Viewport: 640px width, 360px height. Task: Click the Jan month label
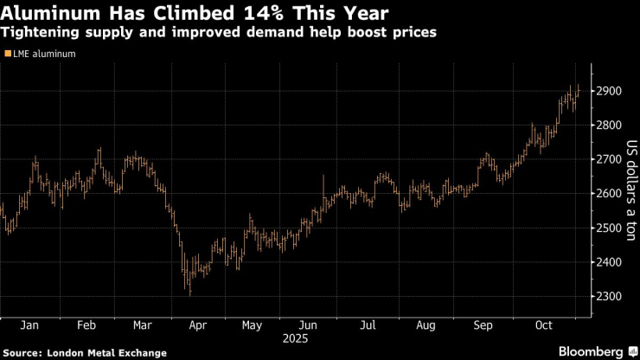[x=29, y=325]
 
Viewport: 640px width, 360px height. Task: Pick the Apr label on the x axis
[x=197, y=325]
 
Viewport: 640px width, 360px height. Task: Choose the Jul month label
[x=367, y=325]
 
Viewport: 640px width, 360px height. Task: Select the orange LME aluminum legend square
[x=7, y=54]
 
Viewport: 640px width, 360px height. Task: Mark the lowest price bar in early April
[x=189, y=294]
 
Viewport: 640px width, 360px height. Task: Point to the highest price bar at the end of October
[x=578, y=87]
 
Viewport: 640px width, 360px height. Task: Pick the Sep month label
[x=483, y=325]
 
